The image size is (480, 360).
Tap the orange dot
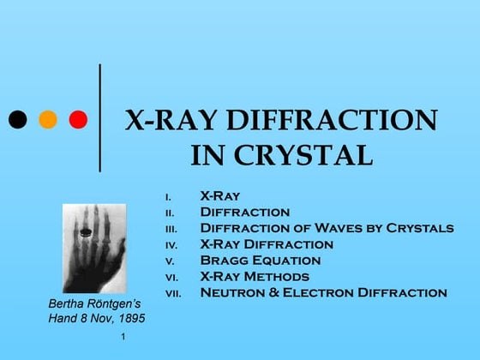click(x=48, y=119)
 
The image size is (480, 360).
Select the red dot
click(x=78, y=119)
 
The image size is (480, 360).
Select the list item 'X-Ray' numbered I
click(x=219, y=195)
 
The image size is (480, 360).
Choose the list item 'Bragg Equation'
click(x=260, y=261)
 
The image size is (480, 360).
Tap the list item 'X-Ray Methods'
click(x=254, y=277)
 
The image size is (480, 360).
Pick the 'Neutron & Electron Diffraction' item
click(x=323, y=293)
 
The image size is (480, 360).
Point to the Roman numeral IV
click(x=171, y=245)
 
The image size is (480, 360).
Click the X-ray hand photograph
click(x=93, y=248)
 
